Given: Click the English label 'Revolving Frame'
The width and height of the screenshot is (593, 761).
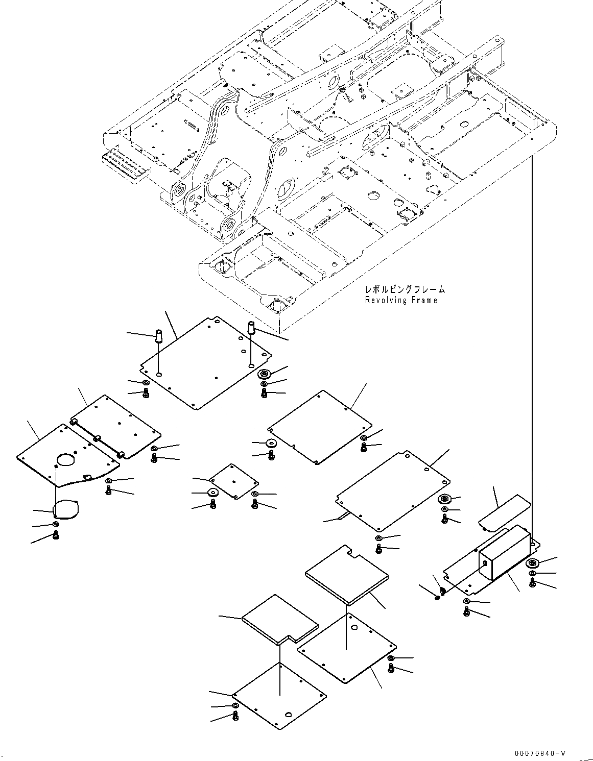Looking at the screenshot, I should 401,300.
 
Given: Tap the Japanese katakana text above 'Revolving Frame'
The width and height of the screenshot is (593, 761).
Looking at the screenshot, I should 405,289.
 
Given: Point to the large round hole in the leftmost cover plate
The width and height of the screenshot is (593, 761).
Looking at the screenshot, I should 65,460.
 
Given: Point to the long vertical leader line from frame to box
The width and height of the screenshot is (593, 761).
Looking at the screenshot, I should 532,347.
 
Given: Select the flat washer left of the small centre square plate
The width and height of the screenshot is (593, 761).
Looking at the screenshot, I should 212,493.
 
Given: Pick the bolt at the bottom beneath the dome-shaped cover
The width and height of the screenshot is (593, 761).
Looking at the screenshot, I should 56,535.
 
